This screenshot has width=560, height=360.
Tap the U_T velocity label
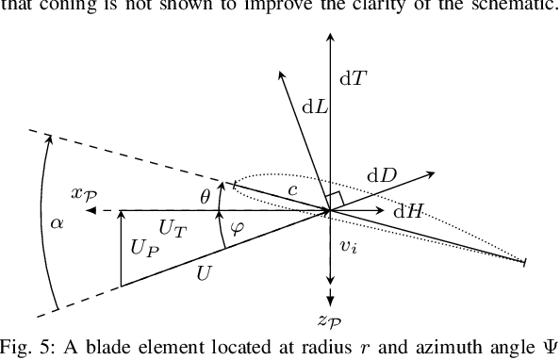pos(172,227)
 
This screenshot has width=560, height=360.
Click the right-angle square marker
pos(333,200)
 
